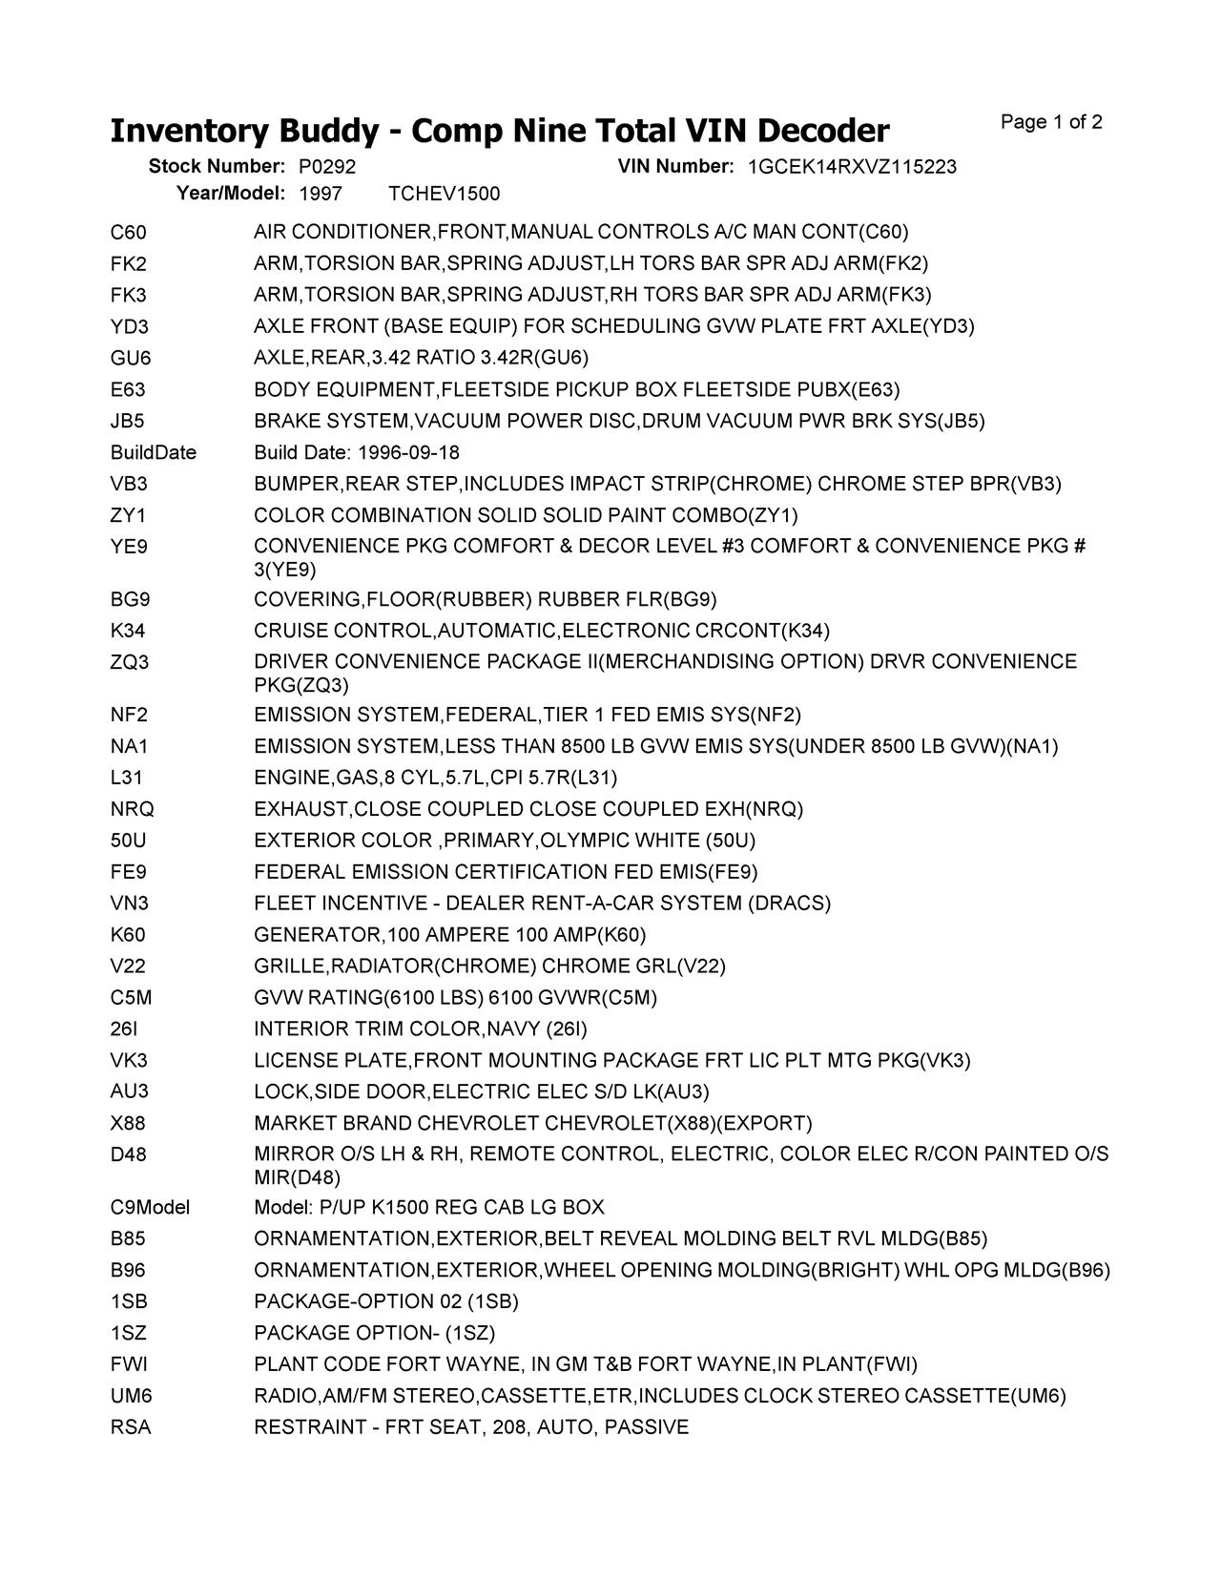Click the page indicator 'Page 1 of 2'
tap(1051, 122)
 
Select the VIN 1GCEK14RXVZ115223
tap(852, 167)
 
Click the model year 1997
tap(320, 195)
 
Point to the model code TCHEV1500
tap(445, 195)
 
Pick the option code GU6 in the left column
tap(131, 359)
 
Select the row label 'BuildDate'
tap(154, 452)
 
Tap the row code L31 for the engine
tap(126, 778)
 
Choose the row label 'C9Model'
tap(150, 1208)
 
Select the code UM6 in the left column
tap(132, 1396)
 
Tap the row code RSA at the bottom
tap(131, 1427)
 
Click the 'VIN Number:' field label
tap(675, 167)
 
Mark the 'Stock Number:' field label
tap(217, 167)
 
